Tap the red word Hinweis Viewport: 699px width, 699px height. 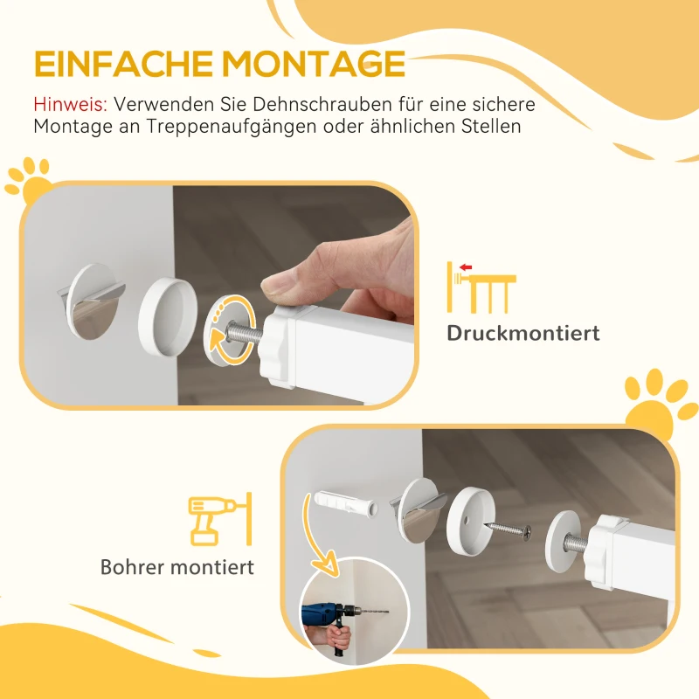point(70,104)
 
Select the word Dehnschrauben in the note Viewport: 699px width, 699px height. point(323,104)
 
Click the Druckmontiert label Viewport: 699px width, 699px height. point(523,333)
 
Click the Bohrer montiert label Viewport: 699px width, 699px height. point(177,567)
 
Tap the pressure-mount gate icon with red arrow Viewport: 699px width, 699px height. point(480,286)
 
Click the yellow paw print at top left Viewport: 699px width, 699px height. point(27,178)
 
